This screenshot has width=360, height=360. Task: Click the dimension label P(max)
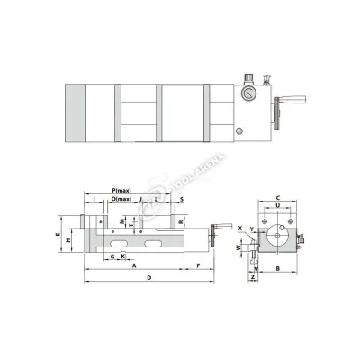point(124,191)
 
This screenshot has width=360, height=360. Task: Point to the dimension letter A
point(133,267)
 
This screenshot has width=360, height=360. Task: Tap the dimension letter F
point(198,267)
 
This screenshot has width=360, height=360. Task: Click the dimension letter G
point(111,256)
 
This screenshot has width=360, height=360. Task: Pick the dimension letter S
point(181,199)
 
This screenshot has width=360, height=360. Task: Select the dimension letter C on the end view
point(279,197)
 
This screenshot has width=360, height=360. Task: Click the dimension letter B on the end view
point(279,268)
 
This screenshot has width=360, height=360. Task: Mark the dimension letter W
point(237,246)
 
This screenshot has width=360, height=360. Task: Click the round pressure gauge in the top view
point(246,93)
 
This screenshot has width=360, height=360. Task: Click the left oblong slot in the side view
point(117,241)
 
